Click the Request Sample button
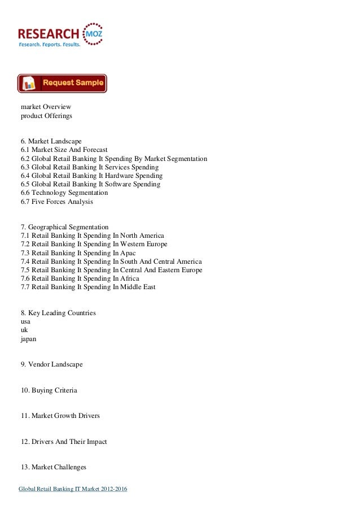62,83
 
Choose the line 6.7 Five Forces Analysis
57,202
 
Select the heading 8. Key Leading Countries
58,312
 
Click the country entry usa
25,321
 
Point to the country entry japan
28,339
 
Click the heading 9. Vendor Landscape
51,365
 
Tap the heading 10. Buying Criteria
49,390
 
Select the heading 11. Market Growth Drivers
60,416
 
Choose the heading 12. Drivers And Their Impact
64,441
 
